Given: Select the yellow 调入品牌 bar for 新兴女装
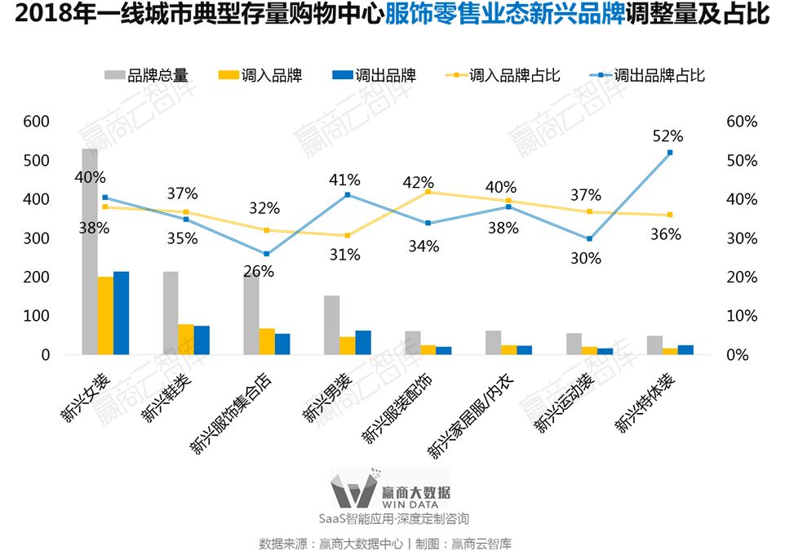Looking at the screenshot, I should [105, 316].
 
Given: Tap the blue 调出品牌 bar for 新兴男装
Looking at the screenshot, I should [363, 343].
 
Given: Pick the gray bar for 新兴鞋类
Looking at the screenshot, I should [171, 313].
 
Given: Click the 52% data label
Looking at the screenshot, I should [667, 136].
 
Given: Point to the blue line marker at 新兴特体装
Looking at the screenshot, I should [670, 153].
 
